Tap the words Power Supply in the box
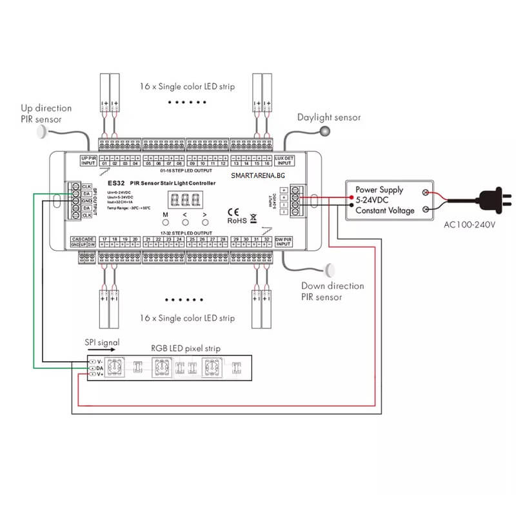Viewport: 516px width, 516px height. click(x=379, y=190)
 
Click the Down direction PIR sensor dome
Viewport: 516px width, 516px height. click(x=333, y=269)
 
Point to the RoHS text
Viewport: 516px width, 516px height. click(x=236, y=220)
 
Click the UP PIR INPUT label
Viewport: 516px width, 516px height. click(x=88, y=160)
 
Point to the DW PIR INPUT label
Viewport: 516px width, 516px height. click(x=284, y=242)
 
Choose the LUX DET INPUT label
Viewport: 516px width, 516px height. click(x=284, y=160)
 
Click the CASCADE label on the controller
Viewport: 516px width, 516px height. click(x=83, y=239)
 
